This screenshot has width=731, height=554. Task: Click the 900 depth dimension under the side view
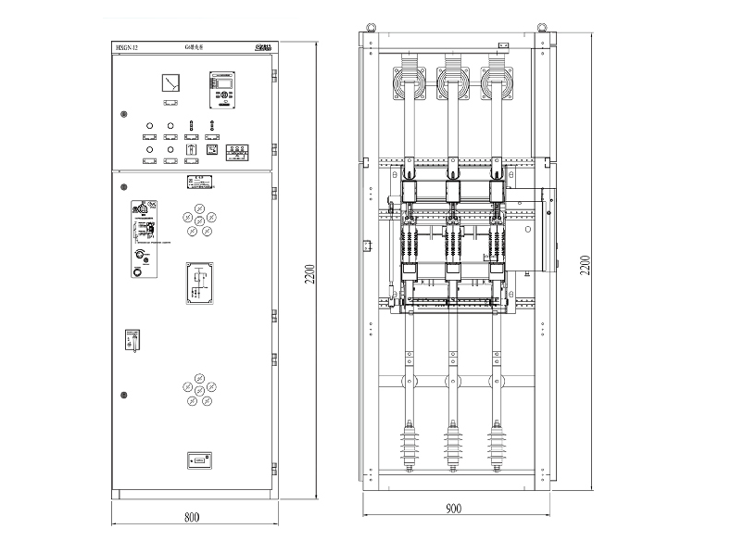coord(453,509)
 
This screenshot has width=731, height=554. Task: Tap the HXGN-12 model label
coord(128,45)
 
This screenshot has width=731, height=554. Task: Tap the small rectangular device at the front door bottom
coord(199,459)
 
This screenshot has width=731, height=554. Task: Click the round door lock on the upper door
coord(123,115)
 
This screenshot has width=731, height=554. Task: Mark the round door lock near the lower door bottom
coord(123,396)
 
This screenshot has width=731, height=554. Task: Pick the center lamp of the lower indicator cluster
coord(199,390)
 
